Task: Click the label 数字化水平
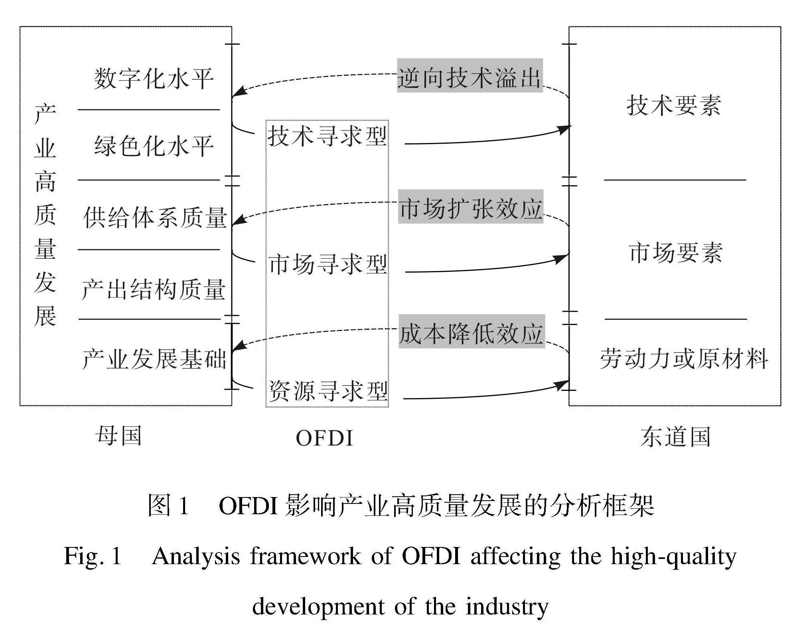pyautogui.click(x=154, y=78)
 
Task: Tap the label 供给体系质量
pyautogui.click(x=155, y=218)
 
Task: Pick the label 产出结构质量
pyautogui.click(x=154, y=289)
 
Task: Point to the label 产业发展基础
pyautogui.click(x=154, y=359)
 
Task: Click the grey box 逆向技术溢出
pyautogui.click(x=470, y=76)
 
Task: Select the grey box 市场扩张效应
pyautogui.click(x=471, y=207)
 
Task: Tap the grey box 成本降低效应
pyautogui.click(x=472, y=332)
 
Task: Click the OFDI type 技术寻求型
pyautogui.click(x=327, y=136)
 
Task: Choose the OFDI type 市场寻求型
pyautogui.click(x=328, y=264)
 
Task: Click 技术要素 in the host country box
pyautogui.click(x=674, y=105)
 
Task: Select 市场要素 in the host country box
pyautogui.click(x=675, y=252)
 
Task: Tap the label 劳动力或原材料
pyautogui.click(x=684, y=358)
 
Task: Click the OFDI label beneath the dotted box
pyautogui.click(x=324, y=438)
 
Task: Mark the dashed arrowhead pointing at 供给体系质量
pyautogui.click(x=237, y=220)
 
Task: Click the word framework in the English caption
pyautogui.click(x=305, y=556)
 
